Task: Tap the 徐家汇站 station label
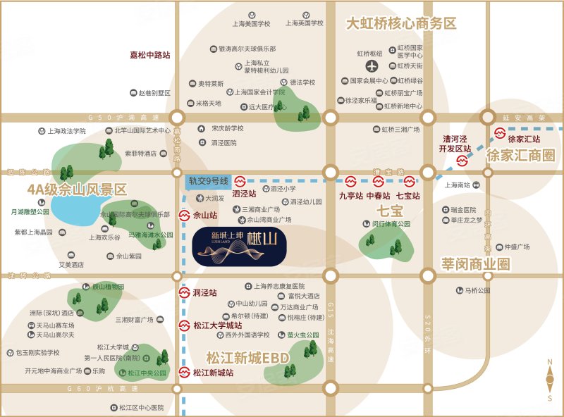[x=524, y=139]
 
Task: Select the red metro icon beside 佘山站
[x=183, y=215]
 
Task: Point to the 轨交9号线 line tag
[x=207, y=181]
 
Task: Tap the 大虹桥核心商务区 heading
[x=400, y=23]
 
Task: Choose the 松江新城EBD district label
[x=247, y=357]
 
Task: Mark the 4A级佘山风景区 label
[x=77, y=189]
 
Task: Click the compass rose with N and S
[x=549, y=380]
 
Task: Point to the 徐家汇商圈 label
[x=520, y=156]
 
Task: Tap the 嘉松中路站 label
[x=149, y=54]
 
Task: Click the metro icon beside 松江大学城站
[x=183, y=325]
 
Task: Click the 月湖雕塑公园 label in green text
[x=30, y=211]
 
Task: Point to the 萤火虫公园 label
[x=303, y=335]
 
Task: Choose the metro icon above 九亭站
[x=350, y=181]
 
